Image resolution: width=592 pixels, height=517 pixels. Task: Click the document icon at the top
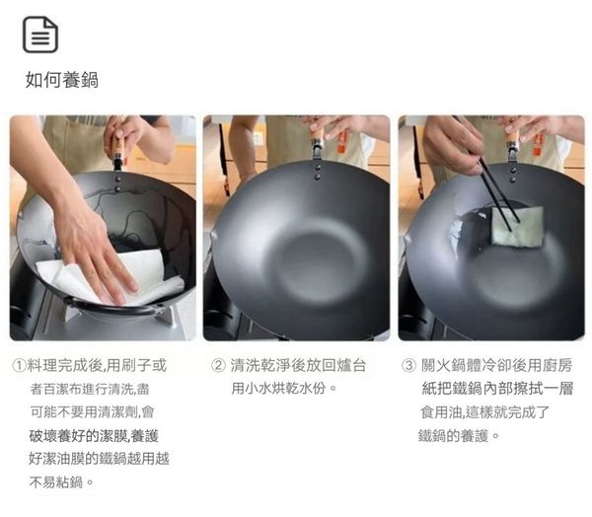pyautogui.click(x=40, y=35)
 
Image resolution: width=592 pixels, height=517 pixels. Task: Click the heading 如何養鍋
pyautogui.click(x=62, y=80)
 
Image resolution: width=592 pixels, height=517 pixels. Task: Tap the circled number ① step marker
pyautogui.click(x=19, y=365)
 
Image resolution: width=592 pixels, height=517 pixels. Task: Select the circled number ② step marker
pyautogui.click(x=218, y=366)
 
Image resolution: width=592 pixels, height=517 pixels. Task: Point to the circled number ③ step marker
pyautogui.click(x=408, y=366)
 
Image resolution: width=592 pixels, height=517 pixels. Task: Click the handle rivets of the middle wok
pyautogui.click(x=317, y=172)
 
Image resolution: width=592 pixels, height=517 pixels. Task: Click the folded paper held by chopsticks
pyautogui.click(x=517, y=226)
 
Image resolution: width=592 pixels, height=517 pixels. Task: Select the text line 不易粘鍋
pyautogui.click(x=61, y=481)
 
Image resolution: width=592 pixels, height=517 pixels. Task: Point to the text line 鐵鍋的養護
pyautogui.click(x=459, y=435)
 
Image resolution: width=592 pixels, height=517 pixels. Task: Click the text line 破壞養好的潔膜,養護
pyautogui.click(x=94, y=435)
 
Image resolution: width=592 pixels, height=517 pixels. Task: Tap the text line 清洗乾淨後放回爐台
pyautogui.click(x=298, y=365)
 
